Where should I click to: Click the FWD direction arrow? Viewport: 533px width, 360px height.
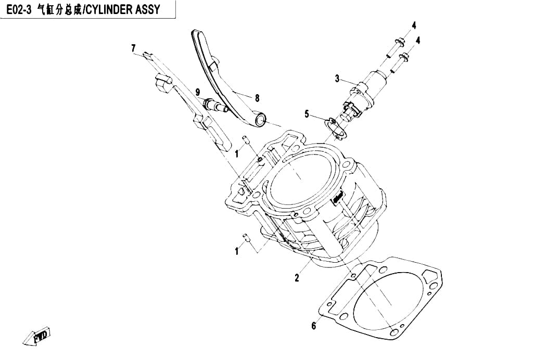pos(37,336)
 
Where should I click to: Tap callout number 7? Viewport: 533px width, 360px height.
pos(134,48)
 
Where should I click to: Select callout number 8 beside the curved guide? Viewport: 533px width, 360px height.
pos(257,98)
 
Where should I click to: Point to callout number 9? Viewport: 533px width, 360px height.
pos(198,92)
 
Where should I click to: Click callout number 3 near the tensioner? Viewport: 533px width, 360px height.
pos(337,79)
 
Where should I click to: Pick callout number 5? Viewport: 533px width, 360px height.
pos(307,114)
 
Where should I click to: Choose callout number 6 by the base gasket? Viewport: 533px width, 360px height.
pos(313,326)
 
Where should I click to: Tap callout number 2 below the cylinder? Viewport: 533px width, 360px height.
pos(297,278)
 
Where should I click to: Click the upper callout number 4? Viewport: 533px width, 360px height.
pos(414,25)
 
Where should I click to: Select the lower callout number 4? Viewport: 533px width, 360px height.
pos(418,41)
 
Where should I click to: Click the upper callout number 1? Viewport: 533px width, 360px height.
pos(237,154)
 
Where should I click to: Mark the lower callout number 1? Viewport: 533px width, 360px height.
pos(237,251)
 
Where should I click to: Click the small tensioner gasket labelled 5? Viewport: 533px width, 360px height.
pos(335,128)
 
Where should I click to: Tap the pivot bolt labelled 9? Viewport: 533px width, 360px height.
pos(216,105)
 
